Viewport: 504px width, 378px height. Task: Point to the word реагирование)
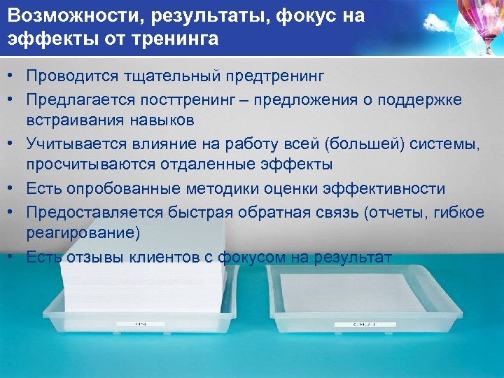pos(83,232)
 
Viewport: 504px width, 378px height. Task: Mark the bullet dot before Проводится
pos(13,75)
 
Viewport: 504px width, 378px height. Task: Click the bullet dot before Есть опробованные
pos(13,189)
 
